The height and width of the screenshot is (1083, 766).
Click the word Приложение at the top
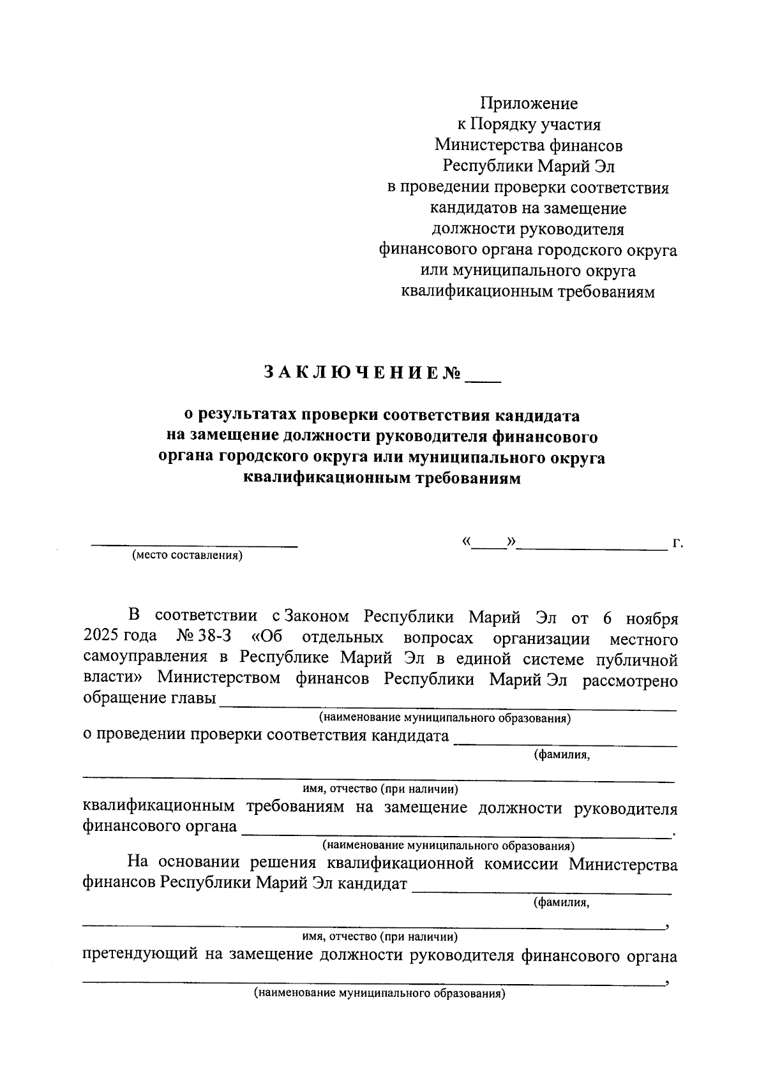pos(529,103)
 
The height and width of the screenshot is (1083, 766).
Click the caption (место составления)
pos(187,555)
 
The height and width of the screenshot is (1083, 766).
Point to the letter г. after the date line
pos(677,544)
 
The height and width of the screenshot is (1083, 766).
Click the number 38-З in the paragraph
pos(215,638)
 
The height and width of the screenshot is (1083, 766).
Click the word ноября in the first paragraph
pos(652,618)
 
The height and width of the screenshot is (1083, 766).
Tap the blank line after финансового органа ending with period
pos(456,835)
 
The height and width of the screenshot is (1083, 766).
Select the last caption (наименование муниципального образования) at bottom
pos(379,994)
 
